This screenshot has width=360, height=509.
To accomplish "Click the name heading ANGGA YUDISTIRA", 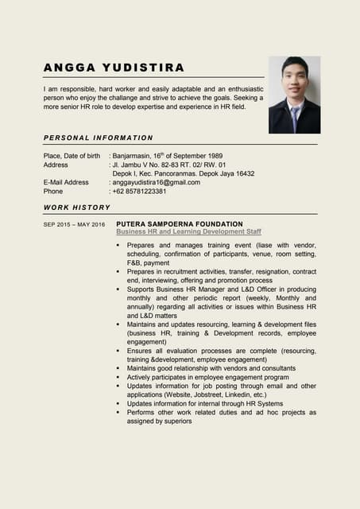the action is (114, 67).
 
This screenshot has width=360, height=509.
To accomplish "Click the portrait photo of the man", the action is (294, 95).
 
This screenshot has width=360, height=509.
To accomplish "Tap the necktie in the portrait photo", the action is (295, 119).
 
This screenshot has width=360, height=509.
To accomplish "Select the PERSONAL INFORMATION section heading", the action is (98, 138).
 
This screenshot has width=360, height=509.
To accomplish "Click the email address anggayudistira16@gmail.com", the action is (157, 182).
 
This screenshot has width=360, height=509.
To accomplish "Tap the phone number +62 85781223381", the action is (140, 192).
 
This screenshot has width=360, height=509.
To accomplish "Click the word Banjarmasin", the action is (137, 156).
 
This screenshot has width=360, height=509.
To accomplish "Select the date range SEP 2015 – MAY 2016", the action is (74, 225).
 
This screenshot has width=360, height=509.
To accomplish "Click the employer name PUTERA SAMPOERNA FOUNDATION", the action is (180, 224).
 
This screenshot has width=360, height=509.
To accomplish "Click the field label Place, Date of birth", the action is (72, 156).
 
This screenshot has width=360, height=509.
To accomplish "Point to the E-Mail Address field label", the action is (66, 182).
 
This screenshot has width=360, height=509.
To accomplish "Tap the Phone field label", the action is (53, 192).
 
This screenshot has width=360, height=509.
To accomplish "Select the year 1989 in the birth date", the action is (214, 156).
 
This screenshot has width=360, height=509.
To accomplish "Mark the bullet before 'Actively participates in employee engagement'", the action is (118, 378).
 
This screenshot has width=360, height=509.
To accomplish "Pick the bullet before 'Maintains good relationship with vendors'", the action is (118, 369).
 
